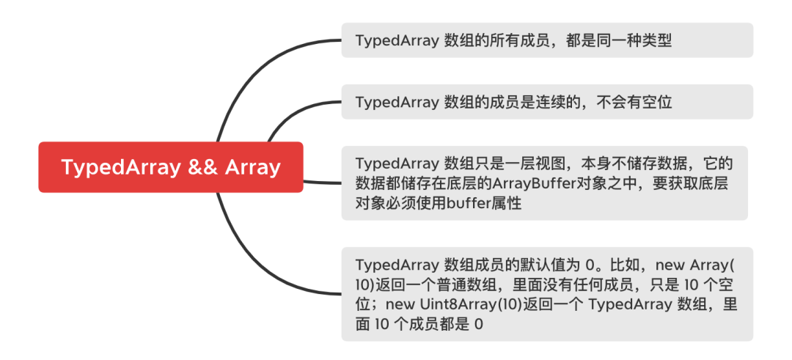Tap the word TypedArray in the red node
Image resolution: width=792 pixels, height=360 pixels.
coord(120,167)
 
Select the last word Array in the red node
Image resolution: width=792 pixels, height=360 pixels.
coord(253,167)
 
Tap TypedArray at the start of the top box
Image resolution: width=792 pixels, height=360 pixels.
coord(397,40)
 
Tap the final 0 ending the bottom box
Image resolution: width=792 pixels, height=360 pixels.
coord(479,324)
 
